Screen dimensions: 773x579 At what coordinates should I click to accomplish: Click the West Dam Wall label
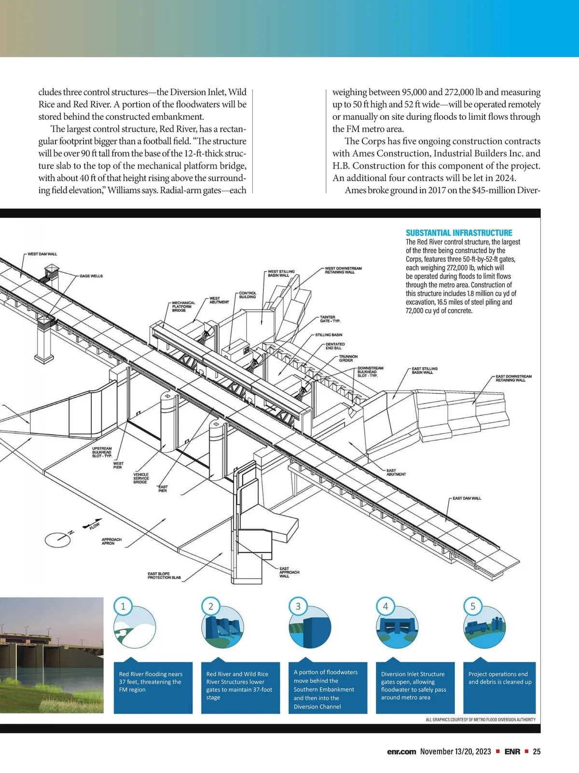pyautogui.click(x=42, y=254)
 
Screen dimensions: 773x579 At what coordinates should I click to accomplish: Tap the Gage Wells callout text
pyautogui.click(x=91, y=276)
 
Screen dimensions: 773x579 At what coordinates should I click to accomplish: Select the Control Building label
pyautogui.click(x=248, y=295)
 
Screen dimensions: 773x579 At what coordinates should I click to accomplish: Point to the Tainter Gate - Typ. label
pyautogui.click(x=330, y=319)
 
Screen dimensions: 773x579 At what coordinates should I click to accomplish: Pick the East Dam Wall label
pyautogui.click(x=467, y=498)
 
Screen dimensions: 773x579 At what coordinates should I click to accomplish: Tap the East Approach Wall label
pyautogui.click(x=289, y=572)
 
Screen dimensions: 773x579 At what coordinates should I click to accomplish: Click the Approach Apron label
pyautogui.click(x=111, y=541)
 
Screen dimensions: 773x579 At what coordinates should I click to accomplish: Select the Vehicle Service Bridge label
pyautogui.click(x=141, y=478)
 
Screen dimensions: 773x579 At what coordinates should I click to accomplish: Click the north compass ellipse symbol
pyautogui.click(x=57, y=539)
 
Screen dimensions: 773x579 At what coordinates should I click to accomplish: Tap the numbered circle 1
pyautogui.click(x=123, y=606)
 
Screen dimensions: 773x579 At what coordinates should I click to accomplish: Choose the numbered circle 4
pyautogui.click(x=385, y=606)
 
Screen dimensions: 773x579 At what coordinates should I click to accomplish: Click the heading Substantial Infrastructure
pyautogui.click(x=458, y=232)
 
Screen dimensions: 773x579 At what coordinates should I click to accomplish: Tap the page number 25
pyautogui.click(x=537, y=752)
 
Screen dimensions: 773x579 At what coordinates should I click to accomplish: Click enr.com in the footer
pyautogui.click(x=401, y=752)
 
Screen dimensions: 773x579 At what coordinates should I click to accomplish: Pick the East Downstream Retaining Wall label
pyautogui.click(x=513, y=378)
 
